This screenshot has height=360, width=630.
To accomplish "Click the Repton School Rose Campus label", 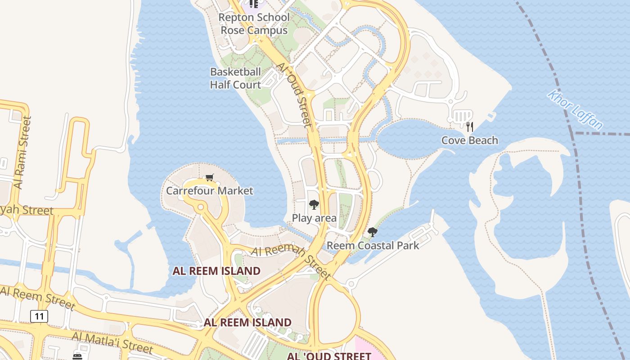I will coord(254,24).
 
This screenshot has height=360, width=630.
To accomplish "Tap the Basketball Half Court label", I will coord(235,78).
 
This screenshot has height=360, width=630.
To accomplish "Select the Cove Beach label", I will coord(469,140).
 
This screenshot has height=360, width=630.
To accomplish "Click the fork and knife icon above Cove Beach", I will coord(469,126).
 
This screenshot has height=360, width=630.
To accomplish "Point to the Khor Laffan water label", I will coord(575,109).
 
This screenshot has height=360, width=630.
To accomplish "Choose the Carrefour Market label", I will coord(210,191).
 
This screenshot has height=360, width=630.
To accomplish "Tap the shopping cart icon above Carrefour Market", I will coord(209,177).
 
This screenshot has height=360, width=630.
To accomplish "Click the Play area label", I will coord(314,218).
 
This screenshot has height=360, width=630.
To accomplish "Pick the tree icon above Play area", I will coord(314,205).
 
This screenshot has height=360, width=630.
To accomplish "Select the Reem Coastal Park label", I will coord(373,246).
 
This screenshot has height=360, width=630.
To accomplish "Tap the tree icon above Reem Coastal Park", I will coord(372,232).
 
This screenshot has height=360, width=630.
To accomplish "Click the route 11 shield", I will coord(39,316).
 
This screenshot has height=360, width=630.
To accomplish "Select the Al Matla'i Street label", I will coord(112,343).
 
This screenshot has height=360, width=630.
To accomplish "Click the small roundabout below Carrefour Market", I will coord(201,207).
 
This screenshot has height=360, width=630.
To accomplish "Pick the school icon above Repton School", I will coord(254,4).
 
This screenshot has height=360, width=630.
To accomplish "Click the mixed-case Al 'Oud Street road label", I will coord(294,94).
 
